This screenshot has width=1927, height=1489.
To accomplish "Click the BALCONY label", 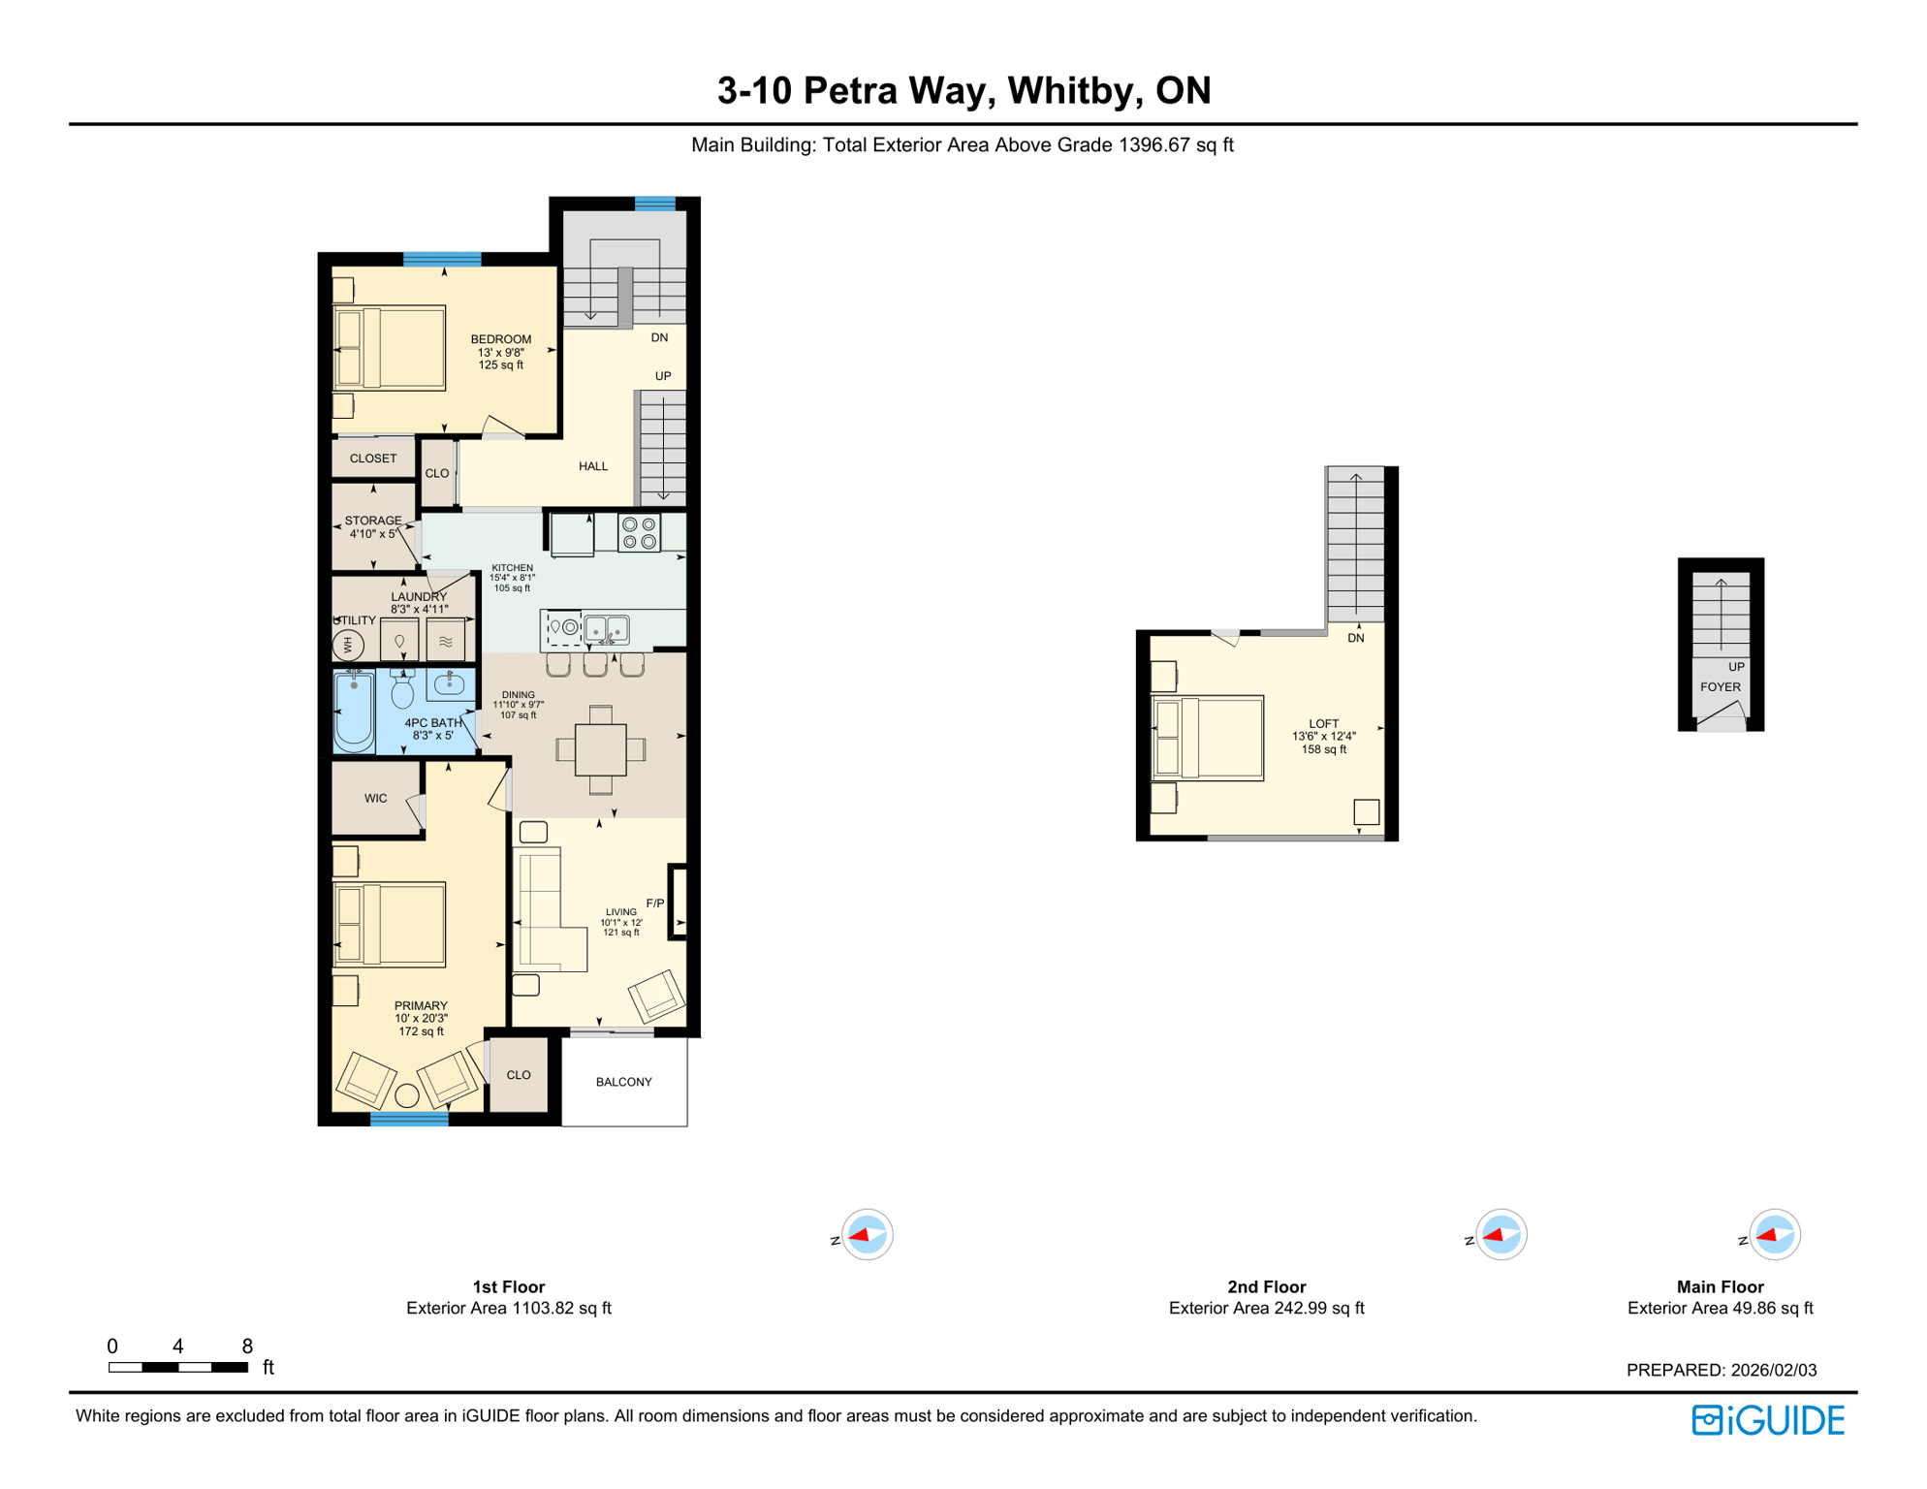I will [623, 1082].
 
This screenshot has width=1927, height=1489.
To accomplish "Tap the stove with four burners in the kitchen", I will [639, 533].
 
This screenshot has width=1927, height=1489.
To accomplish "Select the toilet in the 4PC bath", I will [401, 689].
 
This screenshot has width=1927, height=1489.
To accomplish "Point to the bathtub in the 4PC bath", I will [354, 712].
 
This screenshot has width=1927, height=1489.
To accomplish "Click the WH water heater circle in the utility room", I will [348, 644].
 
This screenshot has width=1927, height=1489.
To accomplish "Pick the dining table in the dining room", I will [600, 749].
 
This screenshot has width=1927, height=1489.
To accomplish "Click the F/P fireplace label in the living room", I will [655, 903].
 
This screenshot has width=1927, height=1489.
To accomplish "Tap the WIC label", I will [375, 799].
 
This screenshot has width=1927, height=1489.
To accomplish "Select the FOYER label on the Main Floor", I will [1721, 687].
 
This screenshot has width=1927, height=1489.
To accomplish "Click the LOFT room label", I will [1323, 724].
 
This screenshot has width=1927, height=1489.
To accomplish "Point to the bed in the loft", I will [1208, 738].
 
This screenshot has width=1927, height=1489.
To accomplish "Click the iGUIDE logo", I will [1768, 1420].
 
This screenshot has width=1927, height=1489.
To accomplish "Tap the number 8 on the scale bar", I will [247, 1346].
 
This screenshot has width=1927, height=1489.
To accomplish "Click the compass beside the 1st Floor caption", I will [867, 1235].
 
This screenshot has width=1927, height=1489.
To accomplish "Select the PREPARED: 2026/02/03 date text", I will [1721, 1370].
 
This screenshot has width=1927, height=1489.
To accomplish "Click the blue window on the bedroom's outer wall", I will [442, 259].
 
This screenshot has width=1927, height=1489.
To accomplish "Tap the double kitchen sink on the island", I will [607, 629].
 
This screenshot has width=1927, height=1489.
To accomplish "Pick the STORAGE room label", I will [372, 521].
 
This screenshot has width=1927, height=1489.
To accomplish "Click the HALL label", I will [593, 466].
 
